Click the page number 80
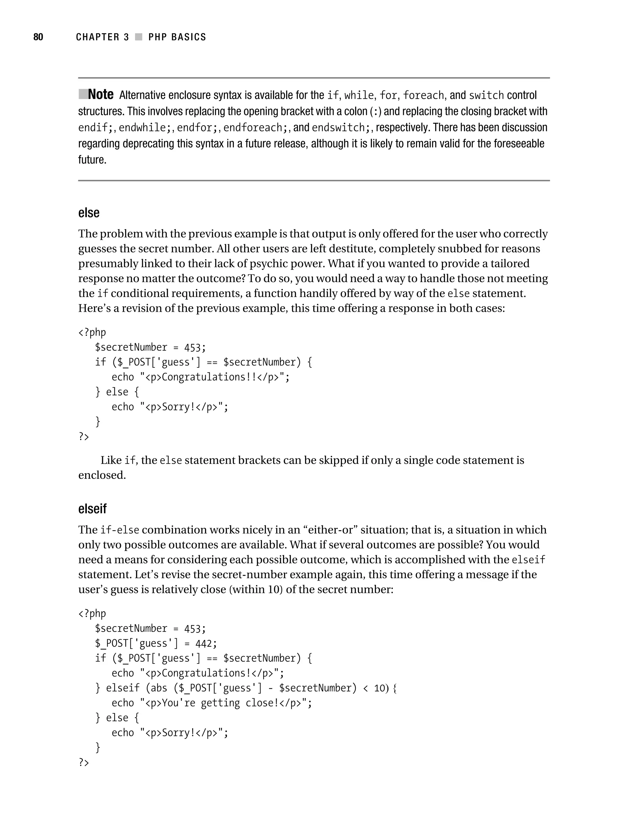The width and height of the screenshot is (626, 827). click(x=38, y=37)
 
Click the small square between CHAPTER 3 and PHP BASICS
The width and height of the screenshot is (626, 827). click(x=139, y=37)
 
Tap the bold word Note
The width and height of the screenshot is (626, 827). click(x=101, y=95)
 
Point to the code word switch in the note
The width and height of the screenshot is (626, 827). click(x=486, y=95)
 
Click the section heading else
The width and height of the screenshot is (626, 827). click(x=89, y=213)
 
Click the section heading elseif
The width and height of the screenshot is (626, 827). click(x=92, y=509)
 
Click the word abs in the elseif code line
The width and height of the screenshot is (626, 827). click(x=159, y=688)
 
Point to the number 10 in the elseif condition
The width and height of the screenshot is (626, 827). click(x=379, y=688)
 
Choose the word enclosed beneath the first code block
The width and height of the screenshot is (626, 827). click(x=102, y=475)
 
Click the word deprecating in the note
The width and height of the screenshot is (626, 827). click(x=148, y=144)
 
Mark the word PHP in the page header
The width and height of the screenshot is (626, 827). click(x=157, y=37)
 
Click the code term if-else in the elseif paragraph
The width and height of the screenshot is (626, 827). click(x=120, y=530)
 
